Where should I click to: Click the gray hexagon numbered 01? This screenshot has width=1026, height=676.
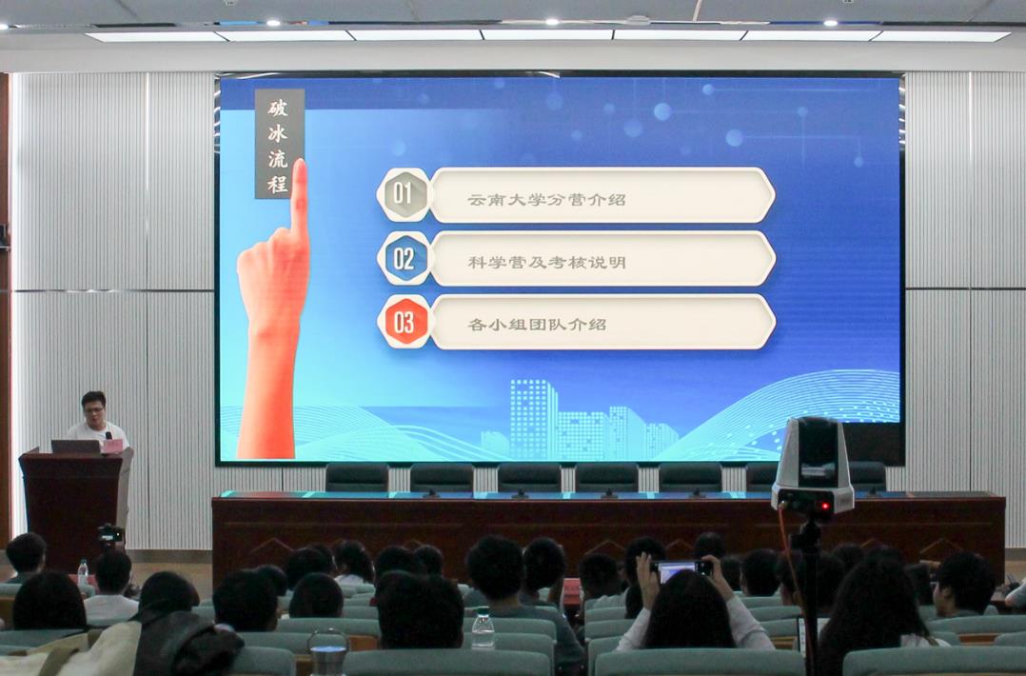pos(404,194)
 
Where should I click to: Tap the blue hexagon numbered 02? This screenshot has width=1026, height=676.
pos(404,258)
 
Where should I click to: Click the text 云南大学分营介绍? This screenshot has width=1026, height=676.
pos(546,200)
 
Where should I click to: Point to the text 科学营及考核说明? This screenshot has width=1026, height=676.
pos(547,263)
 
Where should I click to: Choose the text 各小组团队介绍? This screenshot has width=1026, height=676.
pos(537,325)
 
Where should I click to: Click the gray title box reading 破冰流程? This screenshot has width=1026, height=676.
pos(280,144)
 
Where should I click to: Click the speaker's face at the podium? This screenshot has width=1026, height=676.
pos(93,410)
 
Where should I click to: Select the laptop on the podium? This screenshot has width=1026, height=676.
pos(76,447)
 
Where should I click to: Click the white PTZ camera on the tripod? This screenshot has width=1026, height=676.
pos(814,466)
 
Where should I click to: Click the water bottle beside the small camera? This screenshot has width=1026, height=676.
pos(83,573)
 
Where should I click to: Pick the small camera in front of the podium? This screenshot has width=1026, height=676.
pos(110,534)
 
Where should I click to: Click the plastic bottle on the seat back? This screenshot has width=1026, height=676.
pos(483,628)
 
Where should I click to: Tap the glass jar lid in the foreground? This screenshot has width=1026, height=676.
pos(327,639)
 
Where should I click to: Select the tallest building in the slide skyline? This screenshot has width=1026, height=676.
pos(533,419)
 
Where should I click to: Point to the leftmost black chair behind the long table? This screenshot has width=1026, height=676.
pos(357,478)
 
